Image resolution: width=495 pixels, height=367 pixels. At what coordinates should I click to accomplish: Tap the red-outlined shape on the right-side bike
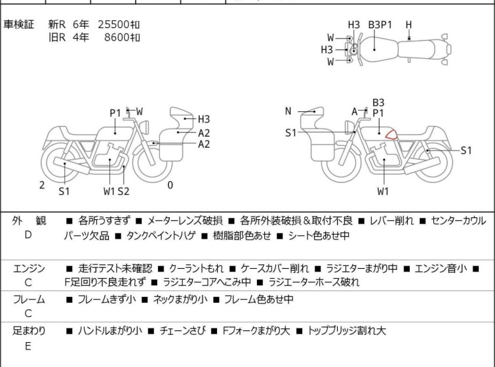click(391, 135)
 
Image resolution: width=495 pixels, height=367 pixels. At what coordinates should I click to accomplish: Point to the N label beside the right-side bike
click(288, 111)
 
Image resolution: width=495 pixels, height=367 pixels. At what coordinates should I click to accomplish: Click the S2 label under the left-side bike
click(123, 191)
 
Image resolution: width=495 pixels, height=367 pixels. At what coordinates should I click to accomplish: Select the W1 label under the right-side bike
click(384, 192)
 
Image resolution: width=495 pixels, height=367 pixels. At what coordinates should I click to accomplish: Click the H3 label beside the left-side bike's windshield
click(204, 119)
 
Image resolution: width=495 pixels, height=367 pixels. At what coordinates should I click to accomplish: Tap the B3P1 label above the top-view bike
click(380, 25)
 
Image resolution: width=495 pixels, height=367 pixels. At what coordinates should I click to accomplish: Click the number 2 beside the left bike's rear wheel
click(42, 185)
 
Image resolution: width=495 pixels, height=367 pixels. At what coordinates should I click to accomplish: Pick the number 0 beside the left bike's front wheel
click(170, 185)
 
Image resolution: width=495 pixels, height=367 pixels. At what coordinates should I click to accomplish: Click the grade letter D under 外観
click(28, 234)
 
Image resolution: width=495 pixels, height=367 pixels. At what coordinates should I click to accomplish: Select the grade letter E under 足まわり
click(28, 346)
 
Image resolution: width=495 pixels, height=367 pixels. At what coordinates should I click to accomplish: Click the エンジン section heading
click(29, 268)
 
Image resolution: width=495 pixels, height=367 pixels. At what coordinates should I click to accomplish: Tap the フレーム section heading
click(29, 300)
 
